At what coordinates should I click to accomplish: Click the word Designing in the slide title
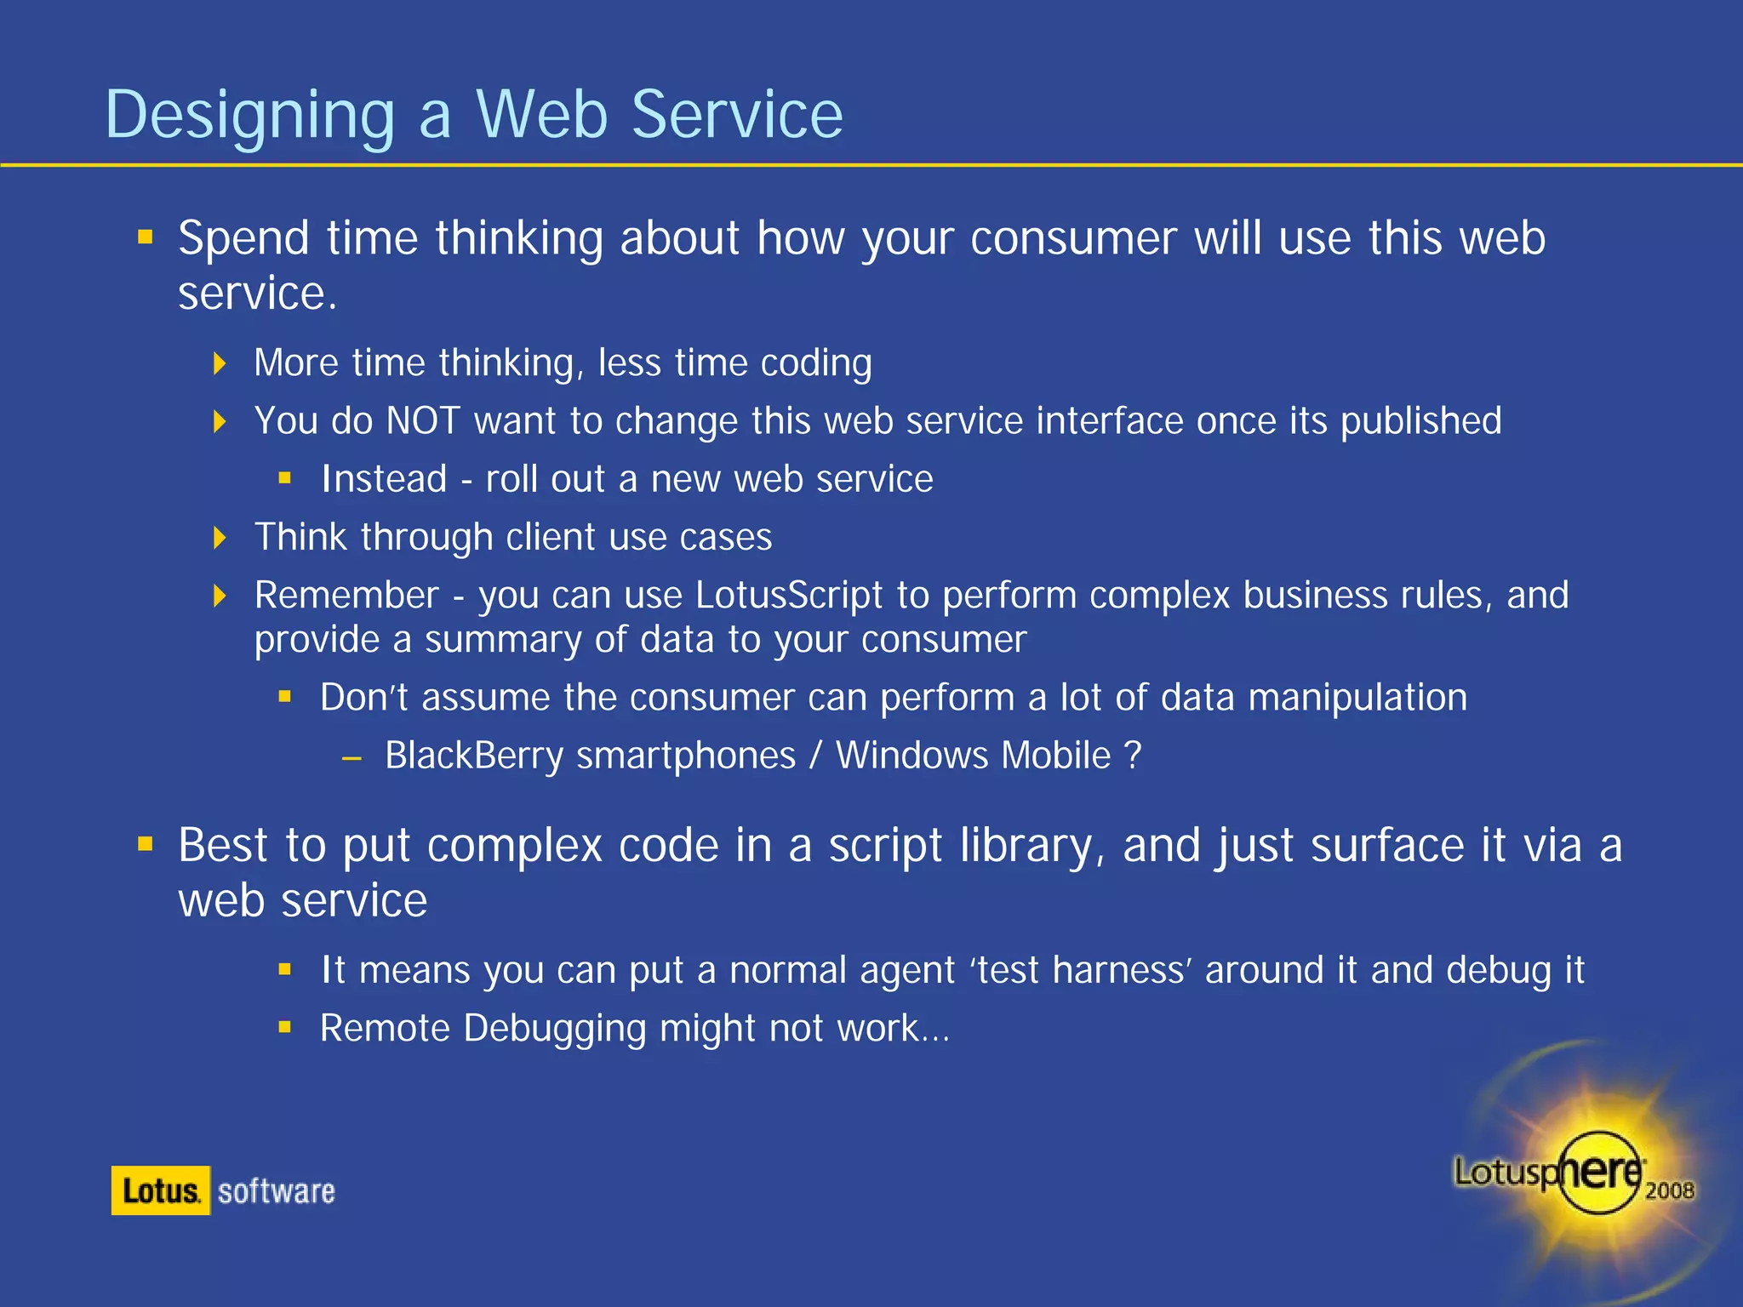click(x=249, y=117)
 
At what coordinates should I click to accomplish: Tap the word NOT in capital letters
click(x=423, y=421)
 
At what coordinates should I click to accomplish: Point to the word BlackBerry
click(x=473, y=756)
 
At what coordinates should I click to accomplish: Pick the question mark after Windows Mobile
click(x=1132, y=756)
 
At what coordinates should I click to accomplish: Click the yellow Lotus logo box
click(x=160, y=1190)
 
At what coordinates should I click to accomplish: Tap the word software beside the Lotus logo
click(x=277, y=1191)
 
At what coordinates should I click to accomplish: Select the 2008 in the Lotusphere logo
click(x=1669, y=1190)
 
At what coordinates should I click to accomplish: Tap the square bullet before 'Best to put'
click(x=146, y=844)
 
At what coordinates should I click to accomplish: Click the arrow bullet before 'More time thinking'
click(x=220, y=364)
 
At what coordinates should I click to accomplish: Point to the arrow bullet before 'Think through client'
click(x=220, y=538)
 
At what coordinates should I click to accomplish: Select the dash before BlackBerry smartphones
click(x=351, y=757)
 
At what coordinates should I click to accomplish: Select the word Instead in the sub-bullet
click(x=384, y=479)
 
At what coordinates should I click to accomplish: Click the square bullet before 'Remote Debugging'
click(x=285, y=1027)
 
